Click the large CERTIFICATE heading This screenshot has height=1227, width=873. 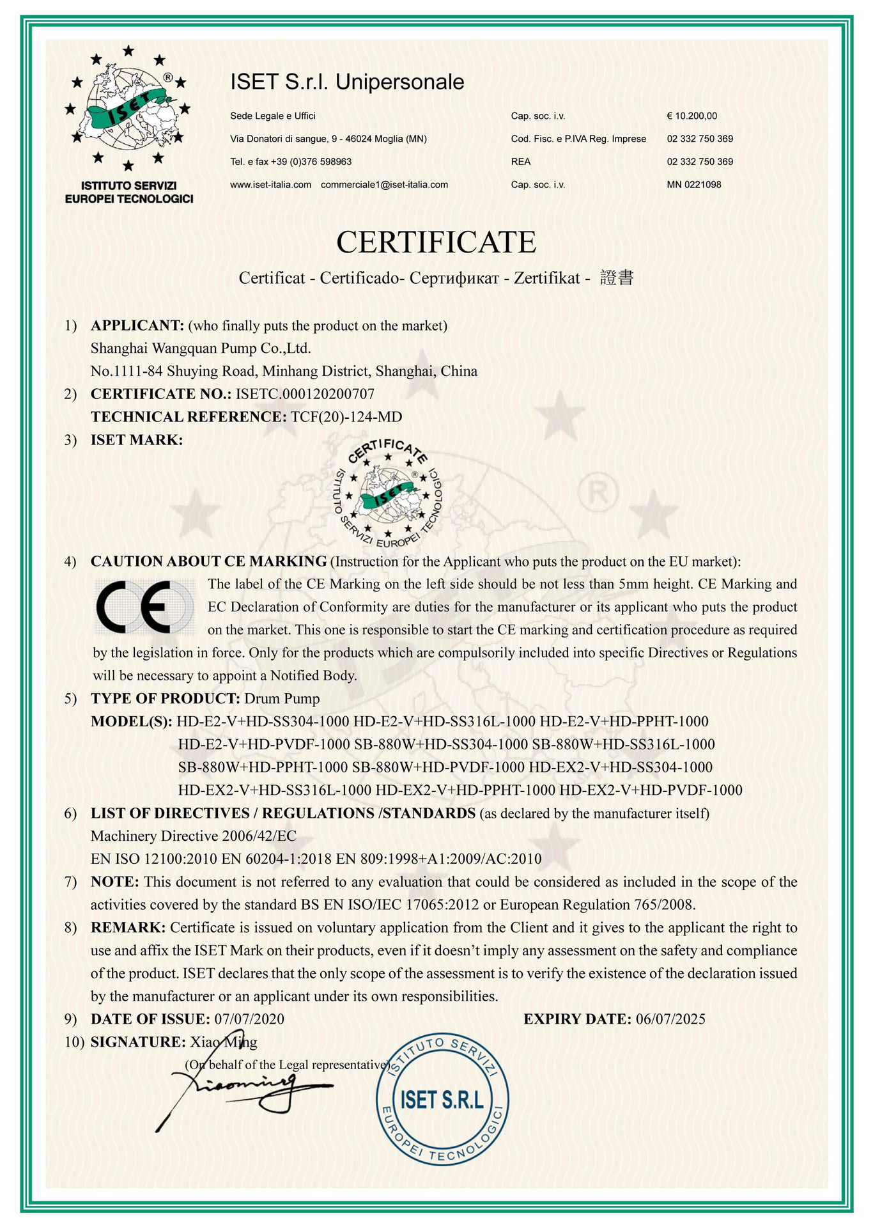(436, 242)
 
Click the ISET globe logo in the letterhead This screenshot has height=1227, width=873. (128, 109)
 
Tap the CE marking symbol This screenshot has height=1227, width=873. (144, 607)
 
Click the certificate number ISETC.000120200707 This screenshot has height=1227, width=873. (305, 394)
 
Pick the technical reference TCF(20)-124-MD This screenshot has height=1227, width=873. (346, 417)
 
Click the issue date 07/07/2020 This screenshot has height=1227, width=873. (249, 1019)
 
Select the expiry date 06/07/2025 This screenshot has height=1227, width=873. (670, 1019)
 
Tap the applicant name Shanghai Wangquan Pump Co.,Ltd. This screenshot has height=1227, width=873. (201, 348)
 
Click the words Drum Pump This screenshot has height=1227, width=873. (282, 698)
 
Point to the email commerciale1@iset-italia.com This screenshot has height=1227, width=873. (384, 185)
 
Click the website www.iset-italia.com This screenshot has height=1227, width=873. (270, 185)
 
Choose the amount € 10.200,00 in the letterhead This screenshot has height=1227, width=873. (691, 116)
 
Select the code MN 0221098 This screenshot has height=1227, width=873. (694, 185)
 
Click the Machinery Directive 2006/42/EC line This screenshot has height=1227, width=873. (193, 836)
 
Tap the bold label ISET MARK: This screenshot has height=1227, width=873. (136, 440)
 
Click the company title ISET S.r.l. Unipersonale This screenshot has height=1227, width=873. (347, 82)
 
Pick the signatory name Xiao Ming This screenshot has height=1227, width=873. (224, 1042)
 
